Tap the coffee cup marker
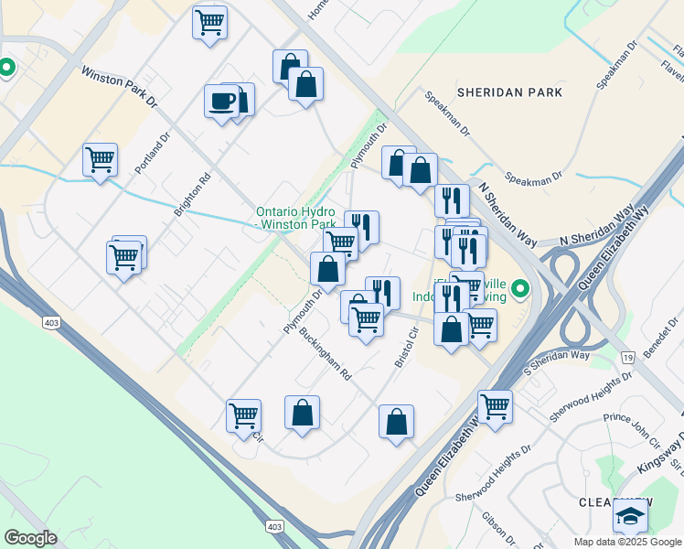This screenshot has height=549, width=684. [x=222, y=101]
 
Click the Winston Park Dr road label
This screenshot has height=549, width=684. [x=119, y=87]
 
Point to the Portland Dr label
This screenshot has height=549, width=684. [x=153, y=153]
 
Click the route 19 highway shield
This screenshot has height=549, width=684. [x=628, y=356]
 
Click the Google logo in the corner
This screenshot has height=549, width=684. [x=29, y=537]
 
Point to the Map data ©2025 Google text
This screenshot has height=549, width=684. [x=628, y=542]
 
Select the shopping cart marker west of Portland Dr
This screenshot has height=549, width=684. [x=100, y=160]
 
